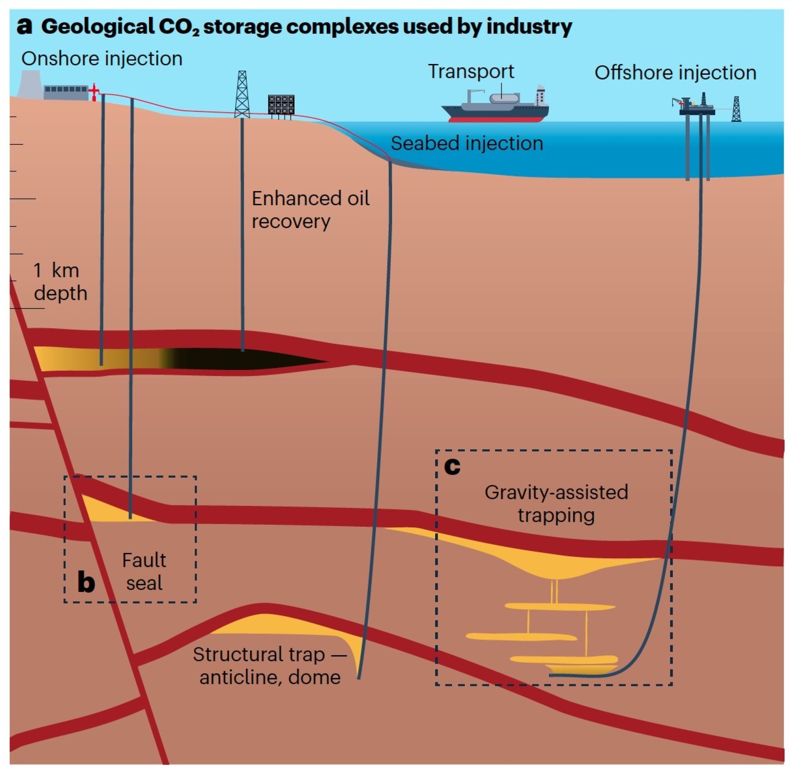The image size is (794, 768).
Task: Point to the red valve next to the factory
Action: point(94,92)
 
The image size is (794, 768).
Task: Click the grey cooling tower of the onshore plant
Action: point(30,84)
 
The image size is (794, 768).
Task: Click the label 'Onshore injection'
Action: point(102,59)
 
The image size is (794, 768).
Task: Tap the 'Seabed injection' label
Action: point(467,144)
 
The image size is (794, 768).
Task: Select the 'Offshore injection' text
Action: point(675,73)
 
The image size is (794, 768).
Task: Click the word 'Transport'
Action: point(471,71)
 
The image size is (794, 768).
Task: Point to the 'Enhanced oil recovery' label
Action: point(310,210)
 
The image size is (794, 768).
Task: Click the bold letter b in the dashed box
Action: point(86,581)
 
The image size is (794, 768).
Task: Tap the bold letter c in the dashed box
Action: point(452,466)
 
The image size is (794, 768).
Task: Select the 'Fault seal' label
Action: point(144,571)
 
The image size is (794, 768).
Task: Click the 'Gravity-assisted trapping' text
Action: point(556,504)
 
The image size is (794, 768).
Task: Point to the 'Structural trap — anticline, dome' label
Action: point(269,665)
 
